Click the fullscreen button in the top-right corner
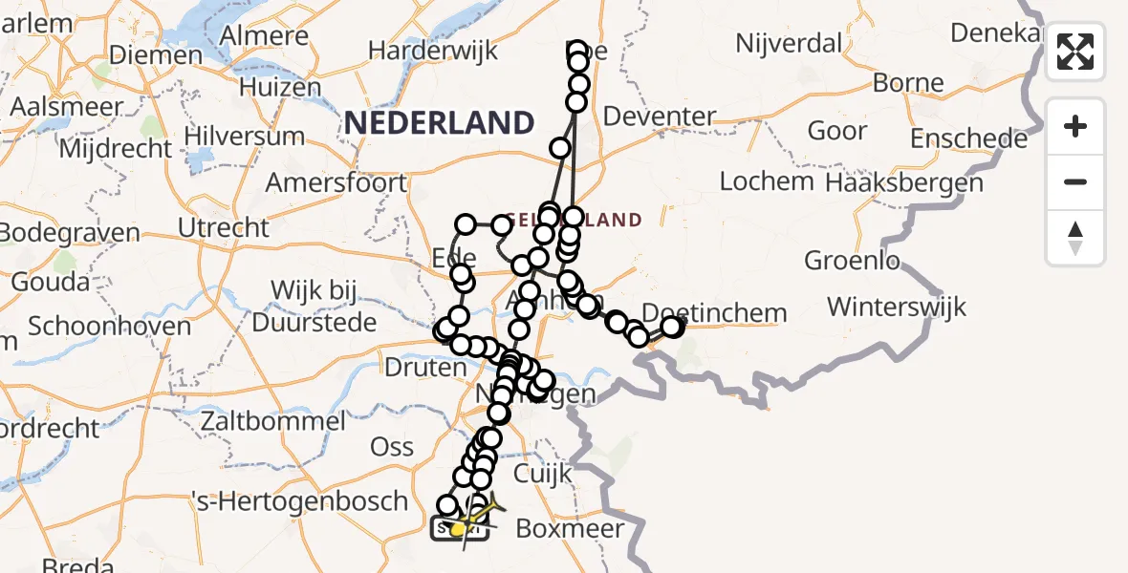pos(1075,52)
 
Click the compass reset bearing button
pos(1075,238)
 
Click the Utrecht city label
pos(224,227)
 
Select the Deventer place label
pos(661,117)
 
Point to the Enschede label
pos(968,138)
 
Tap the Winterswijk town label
pos(897,307)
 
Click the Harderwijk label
pos(433,50)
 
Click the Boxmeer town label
pos(570,528)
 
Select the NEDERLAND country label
pos(439,122)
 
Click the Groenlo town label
pos(853,260)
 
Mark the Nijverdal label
pos(789,43)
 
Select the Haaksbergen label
pos(904,181)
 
